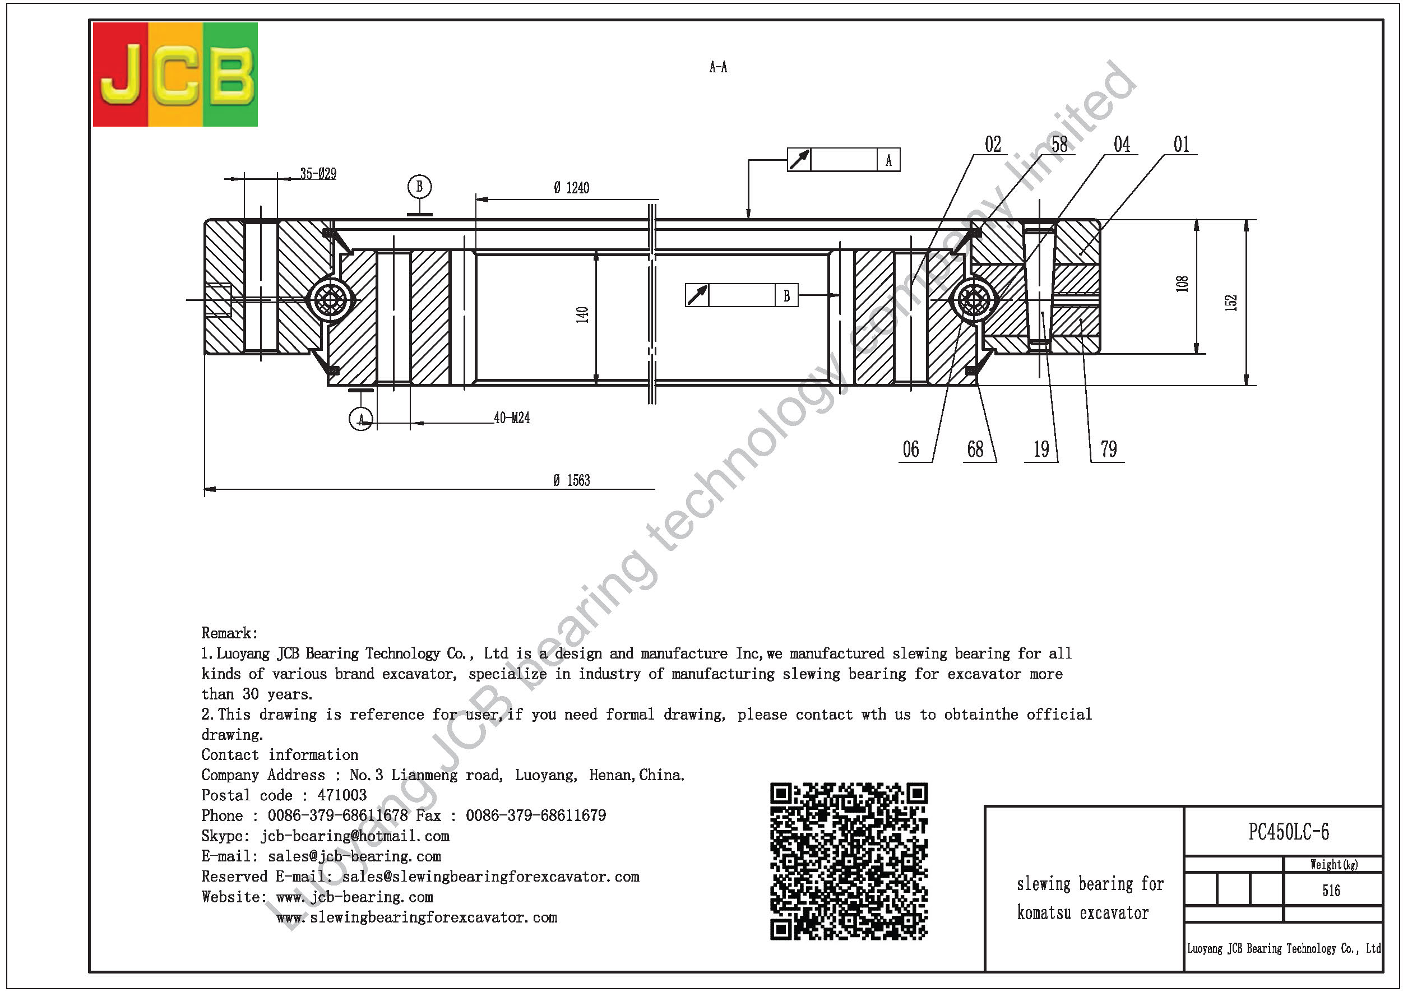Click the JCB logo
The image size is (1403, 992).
[x=175, y=75]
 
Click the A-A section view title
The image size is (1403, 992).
[x=718, y=67]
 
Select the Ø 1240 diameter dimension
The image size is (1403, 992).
[x=571, y=188]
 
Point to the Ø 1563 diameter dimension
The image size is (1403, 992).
[x=571, y=481]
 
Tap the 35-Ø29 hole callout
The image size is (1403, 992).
[x=318, y=174]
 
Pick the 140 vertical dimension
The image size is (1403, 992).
[x=582, y=314]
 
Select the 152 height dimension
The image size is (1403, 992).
[x=1231, y=303]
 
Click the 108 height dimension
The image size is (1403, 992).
[x=1182, y=284]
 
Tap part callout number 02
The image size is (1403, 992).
[x=993, y=145]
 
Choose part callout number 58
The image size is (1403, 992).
[x=1059, y=145]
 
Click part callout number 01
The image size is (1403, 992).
[x=1181, y=145]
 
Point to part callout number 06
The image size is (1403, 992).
[x=910, y=449]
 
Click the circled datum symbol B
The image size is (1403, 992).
[x=419, y=186]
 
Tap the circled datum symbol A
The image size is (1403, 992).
[x=361, y=419]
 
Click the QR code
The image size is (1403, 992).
[x=849, y=861]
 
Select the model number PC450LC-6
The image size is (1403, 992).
[x=1289, y=832]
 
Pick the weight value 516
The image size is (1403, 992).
[x=1331, y=891]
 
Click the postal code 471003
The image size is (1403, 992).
[x=342, y=795]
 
